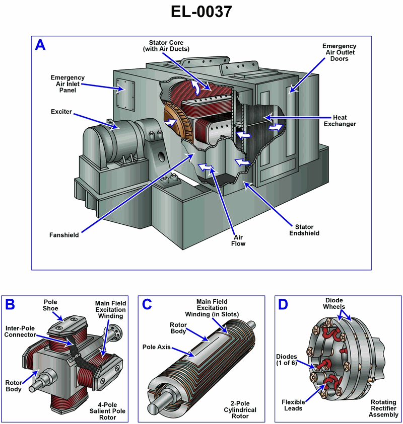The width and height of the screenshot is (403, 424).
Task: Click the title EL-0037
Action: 201,11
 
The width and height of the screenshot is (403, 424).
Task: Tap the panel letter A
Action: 40,45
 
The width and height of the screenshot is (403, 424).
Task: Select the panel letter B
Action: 10,304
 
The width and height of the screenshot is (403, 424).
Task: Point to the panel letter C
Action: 147,304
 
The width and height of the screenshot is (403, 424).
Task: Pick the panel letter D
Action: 283,304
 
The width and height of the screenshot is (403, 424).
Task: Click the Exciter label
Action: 61,111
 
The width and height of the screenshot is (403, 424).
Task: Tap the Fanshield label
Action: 64,234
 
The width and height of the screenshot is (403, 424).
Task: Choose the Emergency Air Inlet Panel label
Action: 68,84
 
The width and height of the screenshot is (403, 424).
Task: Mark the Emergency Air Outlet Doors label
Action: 340,52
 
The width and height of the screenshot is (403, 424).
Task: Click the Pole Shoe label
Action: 50,305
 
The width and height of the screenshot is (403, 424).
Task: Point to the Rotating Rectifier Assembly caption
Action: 384,408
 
